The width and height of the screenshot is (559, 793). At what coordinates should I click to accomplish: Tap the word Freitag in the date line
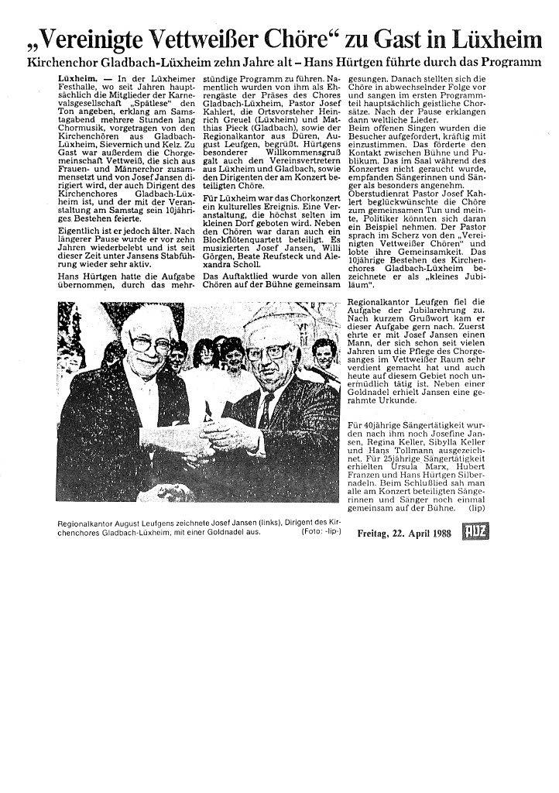[375, 534]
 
